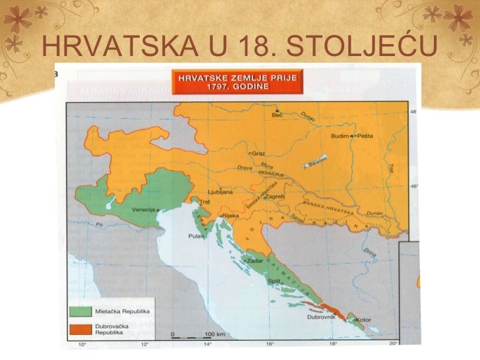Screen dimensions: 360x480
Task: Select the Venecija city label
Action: point(144,210)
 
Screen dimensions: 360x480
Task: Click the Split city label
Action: point(276,280)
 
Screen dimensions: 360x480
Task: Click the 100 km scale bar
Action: point(198,336)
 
